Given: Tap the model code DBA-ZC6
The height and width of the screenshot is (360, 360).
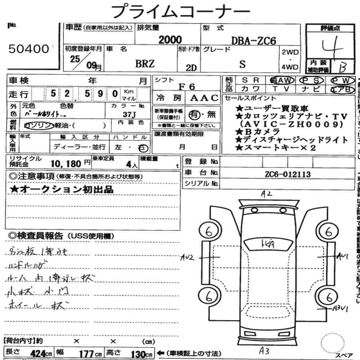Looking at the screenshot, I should point(253,41).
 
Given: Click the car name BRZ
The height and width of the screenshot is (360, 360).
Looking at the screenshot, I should point(145,64).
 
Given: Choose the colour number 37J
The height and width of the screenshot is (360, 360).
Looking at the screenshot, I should point(128,115).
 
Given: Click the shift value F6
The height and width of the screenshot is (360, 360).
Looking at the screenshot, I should point(186,86).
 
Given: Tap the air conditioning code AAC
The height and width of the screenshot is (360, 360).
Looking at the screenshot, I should point(204,98).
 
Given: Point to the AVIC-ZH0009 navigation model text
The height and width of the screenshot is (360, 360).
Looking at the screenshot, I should point(291,124).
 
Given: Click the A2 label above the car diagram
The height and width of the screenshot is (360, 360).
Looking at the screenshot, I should point(267,194).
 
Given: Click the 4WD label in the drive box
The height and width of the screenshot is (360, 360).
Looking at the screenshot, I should point(290,67).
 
